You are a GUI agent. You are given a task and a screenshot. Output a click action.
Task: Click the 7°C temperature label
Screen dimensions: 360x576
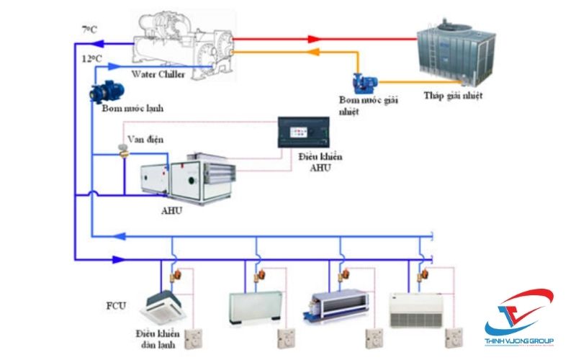pos(89,30)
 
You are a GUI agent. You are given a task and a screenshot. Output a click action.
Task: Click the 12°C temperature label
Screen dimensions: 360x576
pos(91,57)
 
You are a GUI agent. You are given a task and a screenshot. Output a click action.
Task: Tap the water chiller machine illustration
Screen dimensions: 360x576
pos(184,43)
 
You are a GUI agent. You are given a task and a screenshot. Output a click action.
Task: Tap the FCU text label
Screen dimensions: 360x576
pos(115,305)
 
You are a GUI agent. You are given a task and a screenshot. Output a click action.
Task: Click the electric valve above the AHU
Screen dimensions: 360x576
pos(125,149)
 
